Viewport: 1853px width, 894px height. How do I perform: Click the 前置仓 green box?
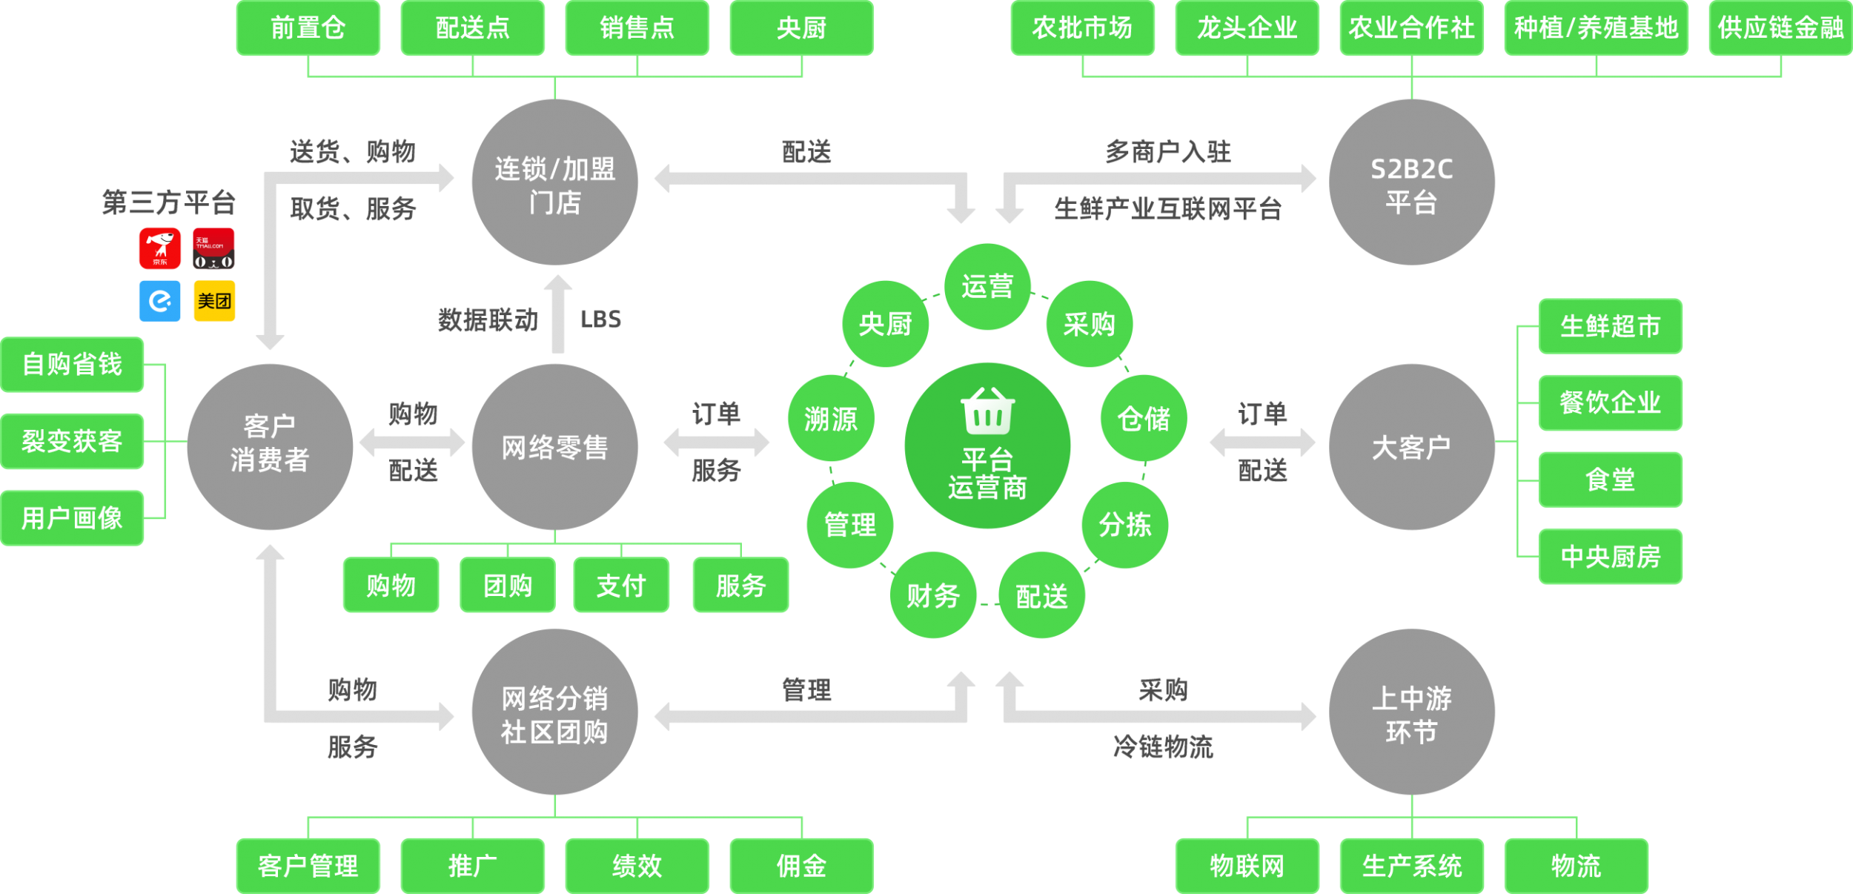[x=308, y=28]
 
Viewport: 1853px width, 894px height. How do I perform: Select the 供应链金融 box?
[x=1780, y=28]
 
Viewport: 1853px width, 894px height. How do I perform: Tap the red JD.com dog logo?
[x=159, y=248]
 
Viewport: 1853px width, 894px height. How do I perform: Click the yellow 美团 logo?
[x=214, y=300]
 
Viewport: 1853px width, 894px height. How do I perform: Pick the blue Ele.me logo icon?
[x=159, y=300]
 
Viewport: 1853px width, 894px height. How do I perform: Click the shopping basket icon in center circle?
[x=987, y=411]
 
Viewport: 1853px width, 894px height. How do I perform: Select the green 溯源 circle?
[x=831, y=419]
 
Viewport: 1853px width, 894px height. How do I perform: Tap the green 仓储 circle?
[x=1144, y=419]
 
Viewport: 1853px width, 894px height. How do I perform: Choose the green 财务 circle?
[x=933, y=595]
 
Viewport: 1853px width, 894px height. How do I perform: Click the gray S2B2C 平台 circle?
[x=1411, y=182]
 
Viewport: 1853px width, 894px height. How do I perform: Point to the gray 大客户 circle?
[x=1411, y=447]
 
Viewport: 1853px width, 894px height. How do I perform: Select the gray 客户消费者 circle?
[x=270, y=447]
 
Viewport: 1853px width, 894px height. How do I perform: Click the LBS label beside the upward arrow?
[x=600, y=319]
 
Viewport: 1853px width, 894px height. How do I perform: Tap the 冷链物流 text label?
[x=1163, y=746]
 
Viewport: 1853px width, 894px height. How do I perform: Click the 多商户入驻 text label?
[x=1168, y=152]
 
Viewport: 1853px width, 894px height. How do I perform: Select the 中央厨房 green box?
[x=1610, y=556]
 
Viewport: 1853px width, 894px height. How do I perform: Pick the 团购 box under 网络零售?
[x=508, y=586]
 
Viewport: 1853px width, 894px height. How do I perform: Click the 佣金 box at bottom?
[x=801, y=865]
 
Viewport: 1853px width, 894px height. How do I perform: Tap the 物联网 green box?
[x=1247, y=865]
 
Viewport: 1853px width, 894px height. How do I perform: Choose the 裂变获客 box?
[x=72, y=441]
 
